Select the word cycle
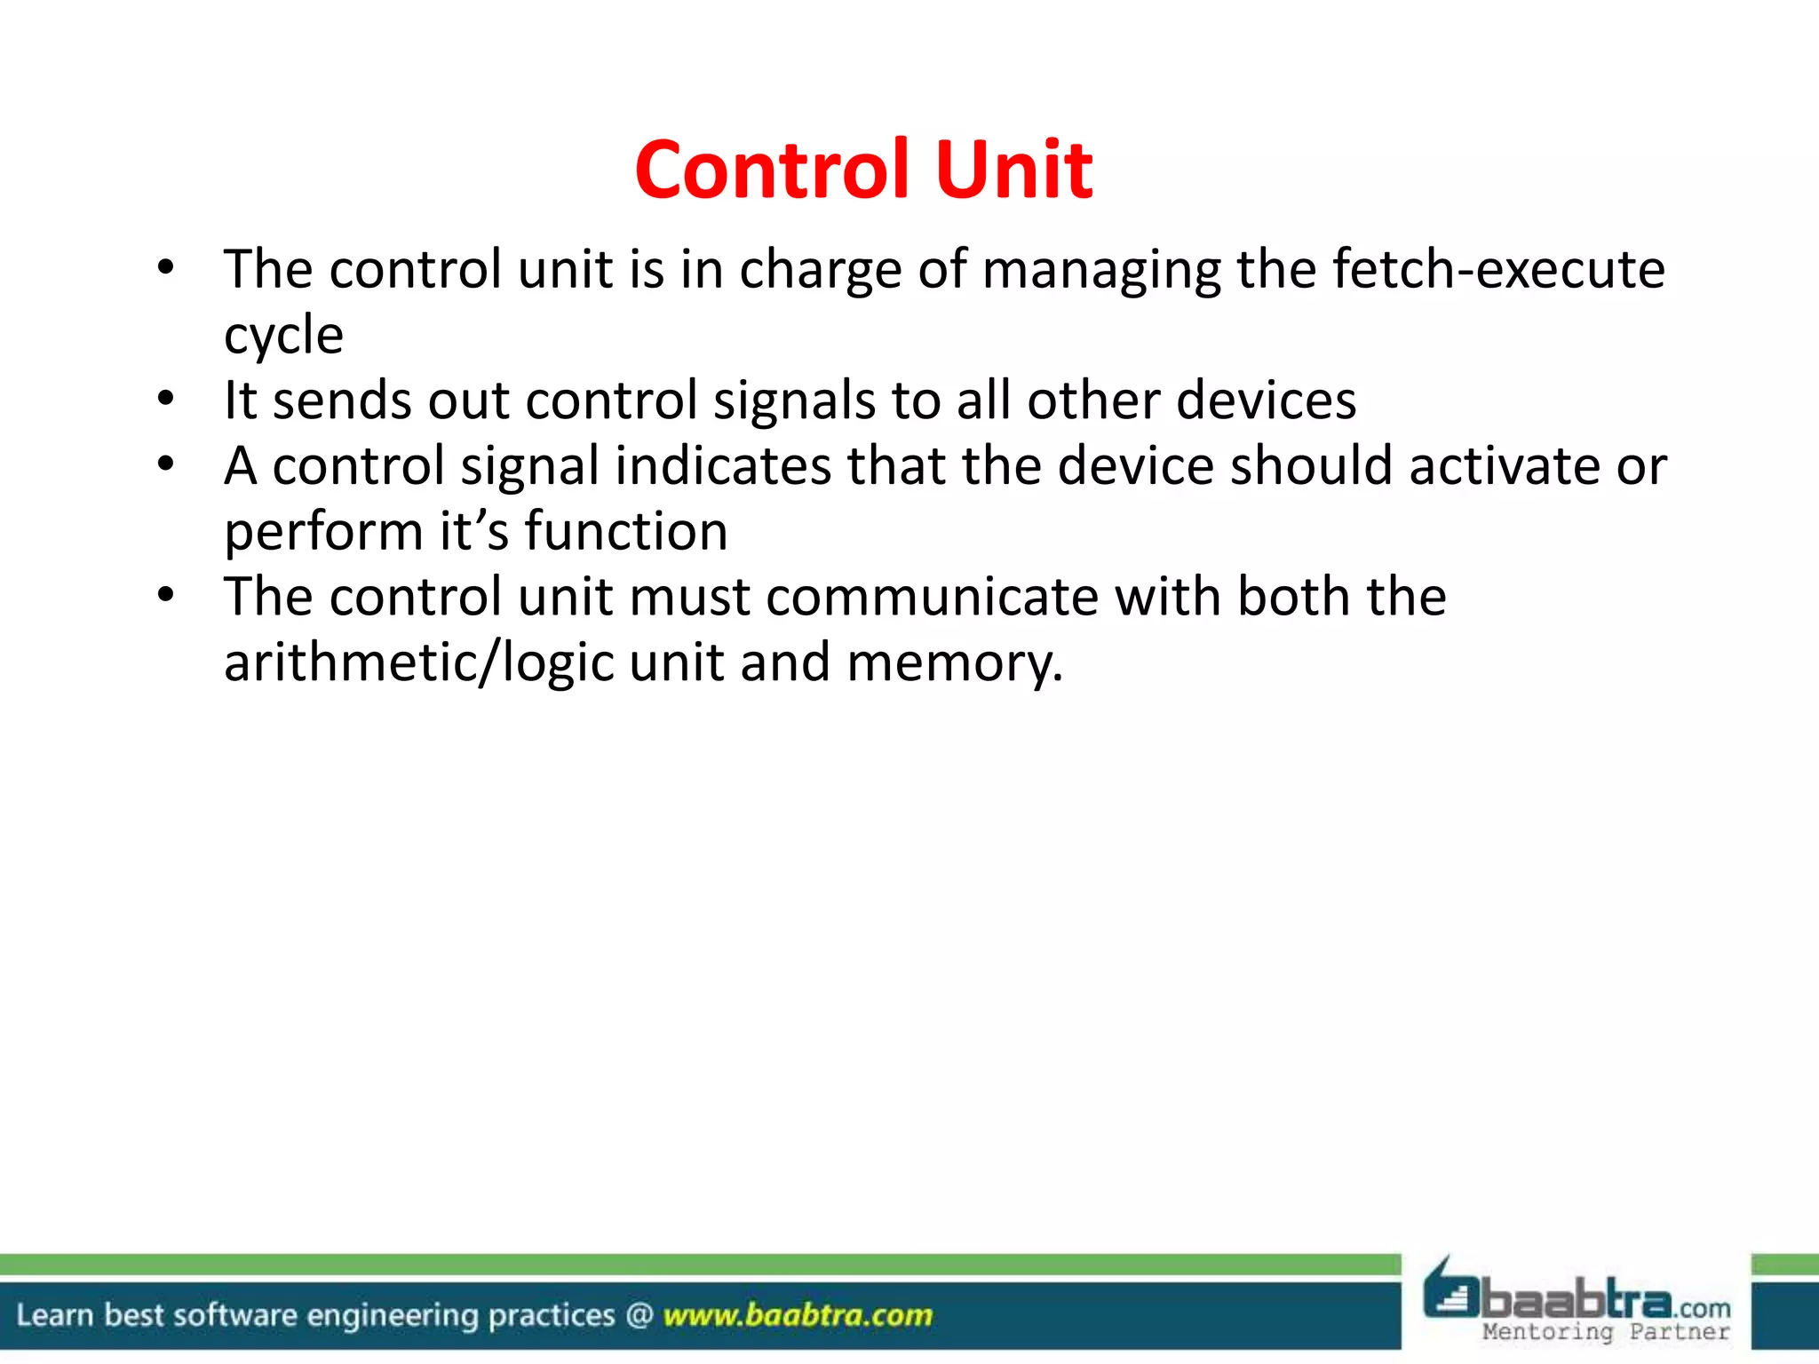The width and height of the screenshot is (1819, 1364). click(283, 336)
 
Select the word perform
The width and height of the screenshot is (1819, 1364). click(323, 533)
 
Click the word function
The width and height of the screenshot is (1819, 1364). click(626, 531)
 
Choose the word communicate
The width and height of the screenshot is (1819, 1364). click(932, 597)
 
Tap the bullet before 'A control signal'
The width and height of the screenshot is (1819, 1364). click(166, 464)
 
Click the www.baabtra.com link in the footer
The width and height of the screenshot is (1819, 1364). click(798, 1315)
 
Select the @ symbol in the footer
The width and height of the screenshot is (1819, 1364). click(639, 1315)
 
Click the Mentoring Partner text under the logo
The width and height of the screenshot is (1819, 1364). click(1606, 1332)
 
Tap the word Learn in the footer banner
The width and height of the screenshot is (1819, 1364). click(54, 1315)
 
